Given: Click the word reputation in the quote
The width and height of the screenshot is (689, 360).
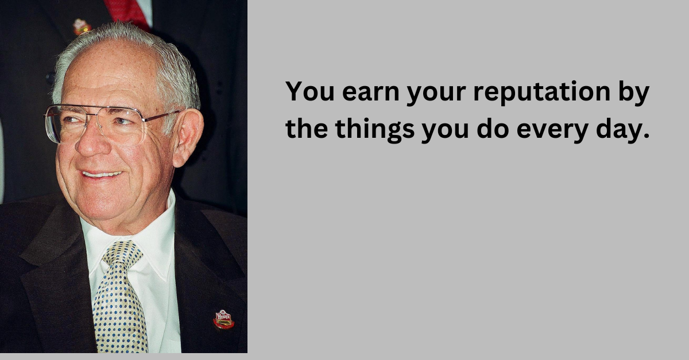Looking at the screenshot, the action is point(542,92).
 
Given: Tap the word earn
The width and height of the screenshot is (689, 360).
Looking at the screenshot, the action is point(371,92).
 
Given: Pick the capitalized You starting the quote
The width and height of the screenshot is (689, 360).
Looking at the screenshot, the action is point(309,91).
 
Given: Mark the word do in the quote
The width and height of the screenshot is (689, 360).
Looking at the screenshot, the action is point(493,129).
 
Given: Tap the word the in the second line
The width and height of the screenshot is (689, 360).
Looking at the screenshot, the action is point(307,129).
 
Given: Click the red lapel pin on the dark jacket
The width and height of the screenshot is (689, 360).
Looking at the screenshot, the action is point(223,319).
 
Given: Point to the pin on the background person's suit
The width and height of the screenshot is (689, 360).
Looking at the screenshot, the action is point(81,26).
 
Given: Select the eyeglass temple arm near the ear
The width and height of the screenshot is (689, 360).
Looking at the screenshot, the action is point(161,117).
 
